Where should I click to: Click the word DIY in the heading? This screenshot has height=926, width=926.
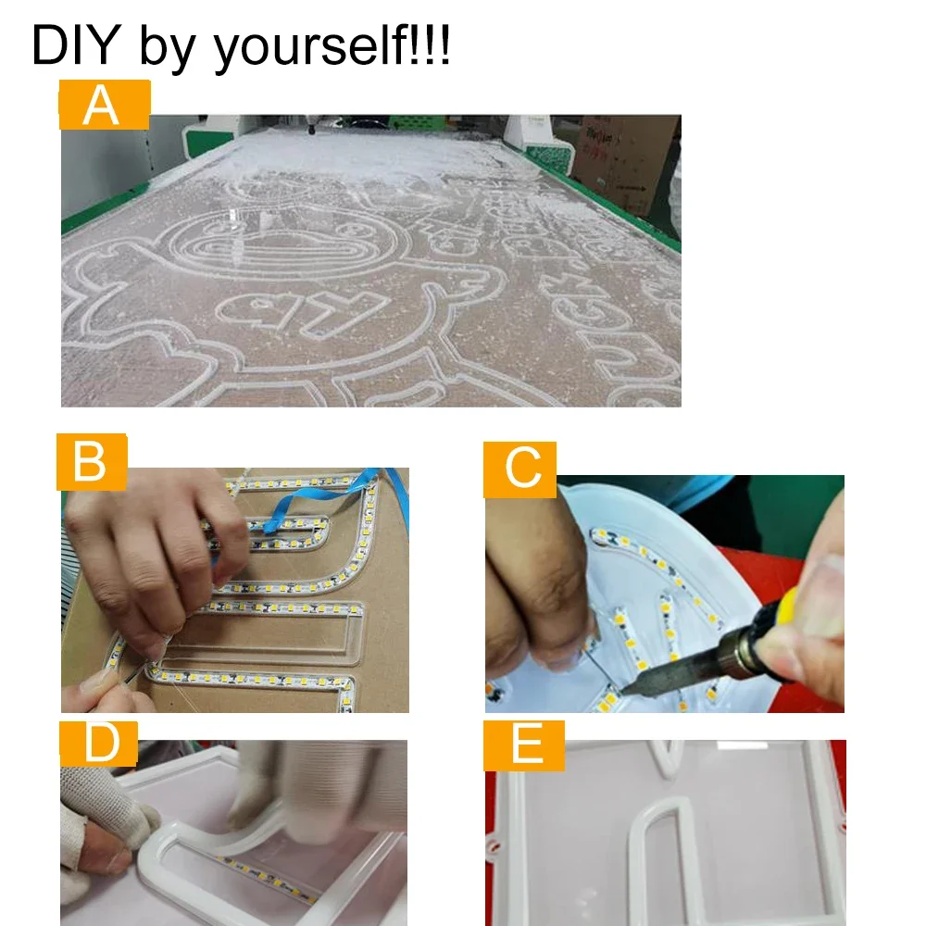tap(76, 44)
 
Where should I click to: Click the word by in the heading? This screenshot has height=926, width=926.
tap(167, 47)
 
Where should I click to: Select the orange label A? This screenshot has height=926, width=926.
tap(105, 105)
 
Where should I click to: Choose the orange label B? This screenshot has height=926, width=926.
tap(92, 462)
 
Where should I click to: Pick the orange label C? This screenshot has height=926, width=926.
tap(519, 469)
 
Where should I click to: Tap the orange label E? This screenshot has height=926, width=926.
tap(524, 745)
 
